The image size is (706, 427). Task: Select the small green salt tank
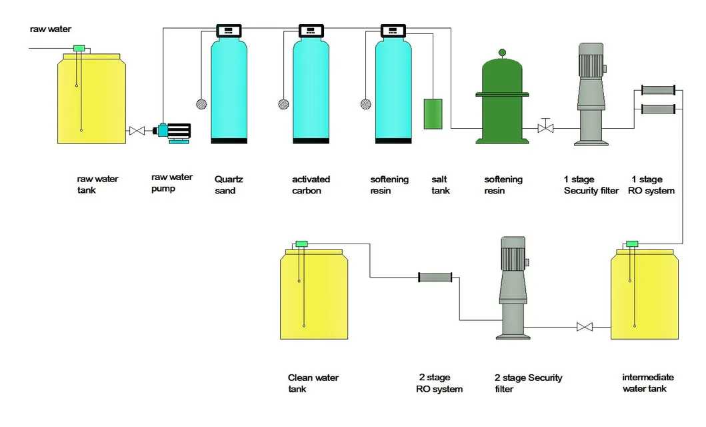(433, 114)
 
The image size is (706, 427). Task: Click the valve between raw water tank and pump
(137, 131)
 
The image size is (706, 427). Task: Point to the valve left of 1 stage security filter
(545, 127)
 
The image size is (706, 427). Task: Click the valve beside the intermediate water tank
(585, 327)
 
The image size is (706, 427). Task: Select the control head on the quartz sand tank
(229, 31)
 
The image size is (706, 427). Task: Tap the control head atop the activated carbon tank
(311, 31)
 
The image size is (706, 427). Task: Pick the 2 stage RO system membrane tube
(435, 277)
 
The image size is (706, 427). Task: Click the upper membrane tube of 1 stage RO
(657, 89)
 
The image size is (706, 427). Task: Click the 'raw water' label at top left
(51, 29)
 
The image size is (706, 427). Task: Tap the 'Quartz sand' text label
(225, 185)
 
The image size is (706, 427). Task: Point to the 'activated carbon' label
(311, 185)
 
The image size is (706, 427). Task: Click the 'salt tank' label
(441, 185)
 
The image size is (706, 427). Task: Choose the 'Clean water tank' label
(313, 383)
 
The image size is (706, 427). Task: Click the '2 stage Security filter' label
(528, 383)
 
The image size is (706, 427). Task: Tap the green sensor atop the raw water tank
(79, 47)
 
